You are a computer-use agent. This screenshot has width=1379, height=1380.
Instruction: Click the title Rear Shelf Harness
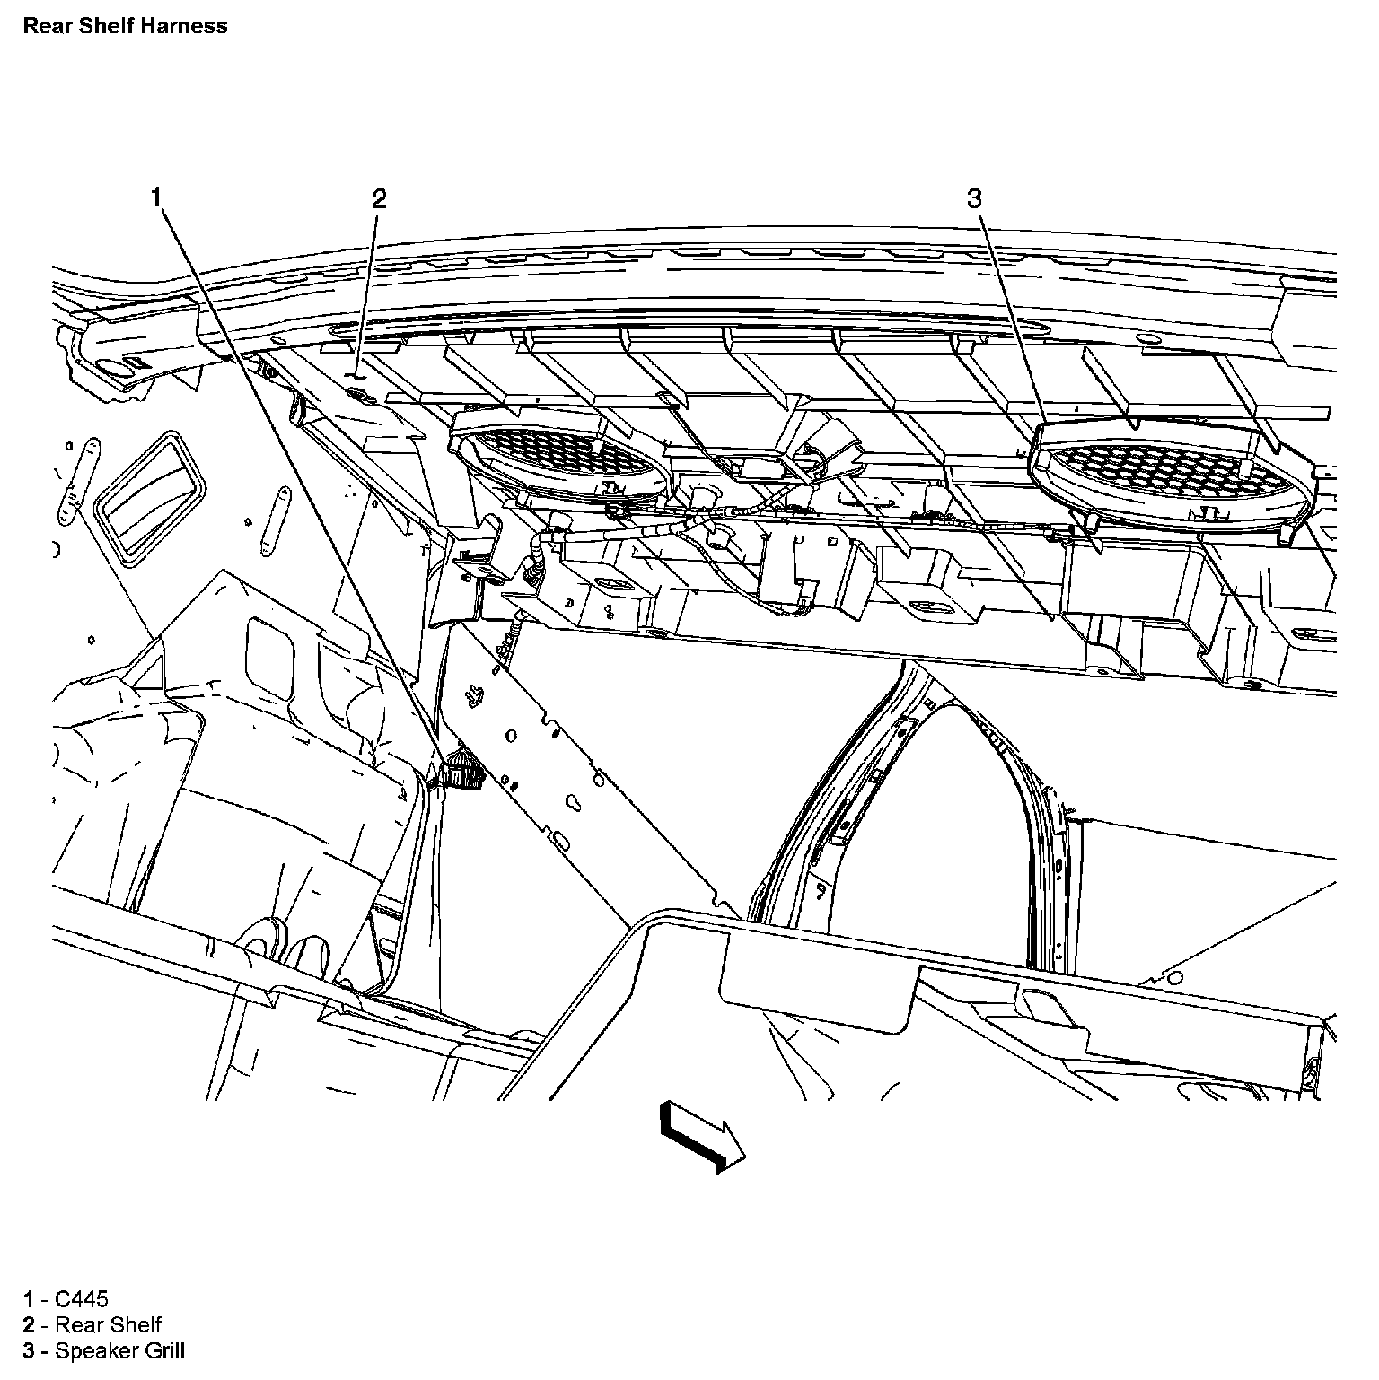(x=125, y=26)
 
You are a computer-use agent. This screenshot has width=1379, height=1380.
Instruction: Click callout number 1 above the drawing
(x=157, y=197)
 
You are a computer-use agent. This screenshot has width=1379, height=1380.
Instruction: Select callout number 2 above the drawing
(x=379, y=198)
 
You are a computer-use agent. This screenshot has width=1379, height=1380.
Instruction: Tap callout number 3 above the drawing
(x=975, y=198)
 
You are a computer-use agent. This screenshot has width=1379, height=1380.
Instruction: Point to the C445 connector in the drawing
(x=463, y=770)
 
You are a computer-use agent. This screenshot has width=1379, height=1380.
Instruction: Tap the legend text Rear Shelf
(x=108, y=1324)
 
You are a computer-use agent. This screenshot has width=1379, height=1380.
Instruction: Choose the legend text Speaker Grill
(x=119, y=1350)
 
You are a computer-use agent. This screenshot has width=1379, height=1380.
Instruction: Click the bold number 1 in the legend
(x=29, y=1298)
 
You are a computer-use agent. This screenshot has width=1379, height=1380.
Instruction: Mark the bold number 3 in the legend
(x=29, y=1350)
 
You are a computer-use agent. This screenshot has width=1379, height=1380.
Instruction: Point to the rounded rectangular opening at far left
(x=153, y=499)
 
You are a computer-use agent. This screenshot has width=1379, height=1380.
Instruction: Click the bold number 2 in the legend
(x=29, y=1324)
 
